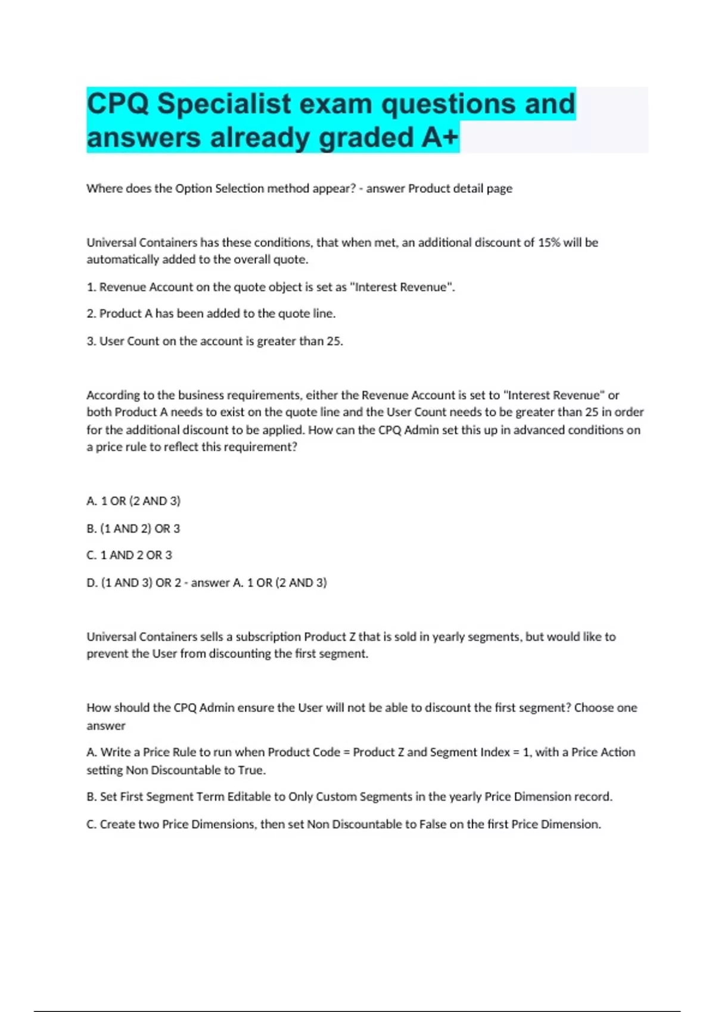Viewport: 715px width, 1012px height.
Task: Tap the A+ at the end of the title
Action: [x=440, y=138]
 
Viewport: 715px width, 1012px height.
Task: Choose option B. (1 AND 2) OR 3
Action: [x=133, y=529]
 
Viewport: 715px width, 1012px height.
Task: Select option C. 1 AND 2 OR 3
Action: [x=129, y=555]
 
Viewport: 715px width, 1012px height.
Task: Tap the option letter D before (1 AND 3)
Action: [x=91, y=583]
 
